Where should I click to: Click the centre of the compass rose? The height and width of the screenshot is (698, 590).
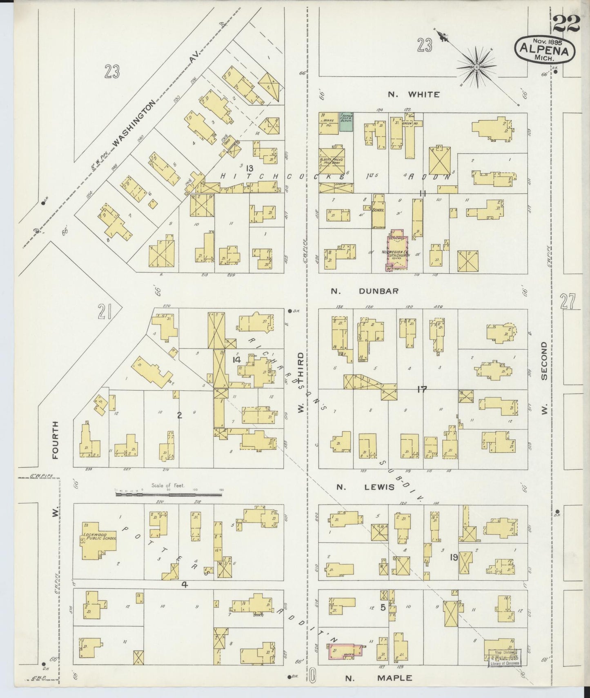click(x=476, y=66)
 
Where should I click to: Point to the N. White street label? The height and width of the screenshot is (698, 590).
click(x=414, y=95)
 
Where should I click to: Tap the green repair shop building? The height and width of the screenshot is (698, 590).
click(x=346, y=122)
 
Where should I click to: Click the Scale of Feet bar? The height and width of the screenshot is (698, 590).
click(x=169, y=494)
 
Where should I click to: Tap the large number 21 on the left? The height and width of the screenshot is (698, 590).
click(x=105, y=313)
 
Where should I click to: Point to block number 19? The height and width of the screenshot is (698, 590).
click(x=453, y=556)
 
